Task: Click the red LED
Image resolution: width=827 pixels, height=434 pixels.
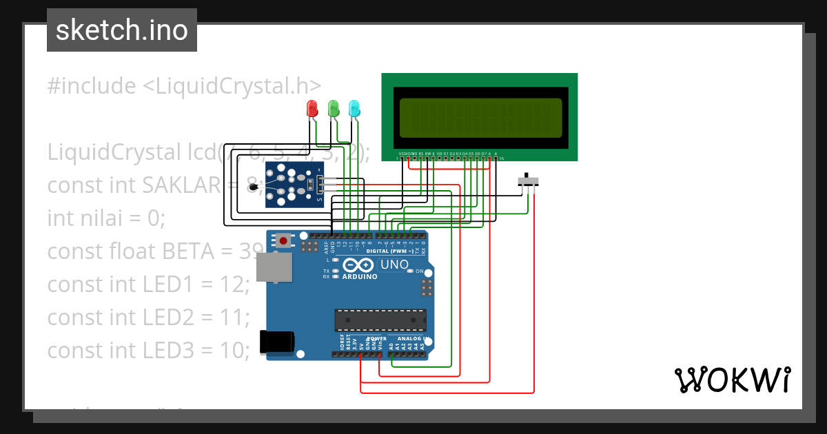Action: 312,108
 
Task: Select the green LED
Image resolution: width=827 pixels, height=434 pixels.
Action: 334,108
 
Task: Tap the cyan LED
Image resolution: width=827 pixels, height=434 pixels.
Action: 354,108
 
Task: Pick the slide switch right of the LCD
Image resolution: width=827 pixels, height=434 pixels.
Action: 528,181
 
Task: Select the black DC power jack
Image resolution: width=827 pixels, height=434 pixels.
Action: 276,341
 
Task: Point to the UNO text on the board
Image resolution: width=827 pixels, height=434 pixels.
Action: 394,265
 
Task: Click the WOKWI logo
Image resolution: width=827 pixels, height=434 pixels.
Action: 732,380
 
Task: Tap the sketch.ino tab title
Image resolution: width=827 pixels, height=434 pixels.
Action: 122,30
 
